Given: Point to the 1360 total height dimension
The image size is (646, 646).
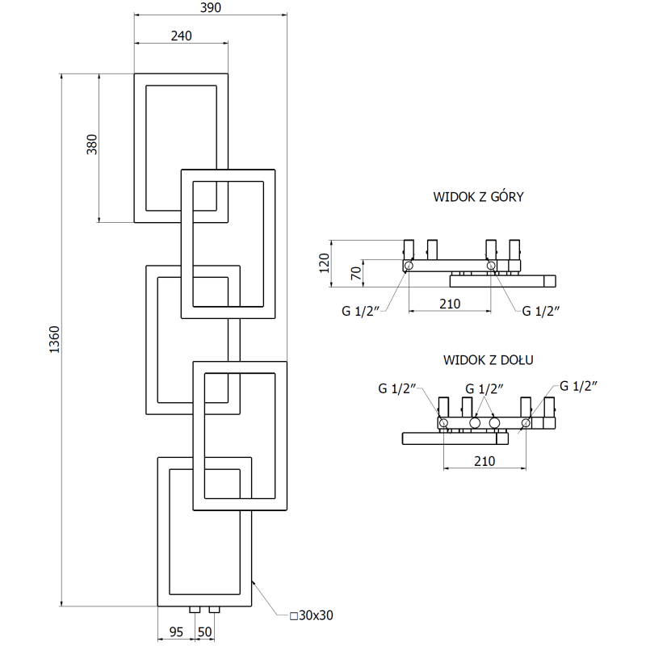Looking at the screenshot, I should point(54,340).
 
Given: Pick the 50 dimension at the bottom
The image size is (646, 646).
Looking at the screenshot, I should point(204,631).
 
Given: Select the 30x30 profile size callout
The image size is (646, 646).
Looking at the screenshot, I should point(311,615).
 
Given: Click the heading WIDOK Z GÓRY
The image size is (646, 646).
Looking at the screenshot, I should point(478,197).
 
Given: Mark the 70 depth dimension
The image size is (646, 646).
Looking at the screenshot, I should point(353,272).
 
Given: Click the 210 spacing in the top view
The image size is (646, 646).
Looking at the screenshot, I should point(449,304).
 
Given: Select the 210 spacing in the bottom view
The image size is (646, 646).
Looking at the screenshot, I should point(484,461).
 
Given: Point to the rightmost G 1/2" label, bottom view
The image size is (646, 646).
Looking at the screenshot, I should point(577,386).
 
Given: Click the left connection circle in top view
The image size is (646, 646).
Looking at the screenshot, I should point(409,266).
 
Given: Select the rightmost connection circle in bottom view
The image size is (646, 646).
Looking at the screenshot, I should point(526,422).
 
